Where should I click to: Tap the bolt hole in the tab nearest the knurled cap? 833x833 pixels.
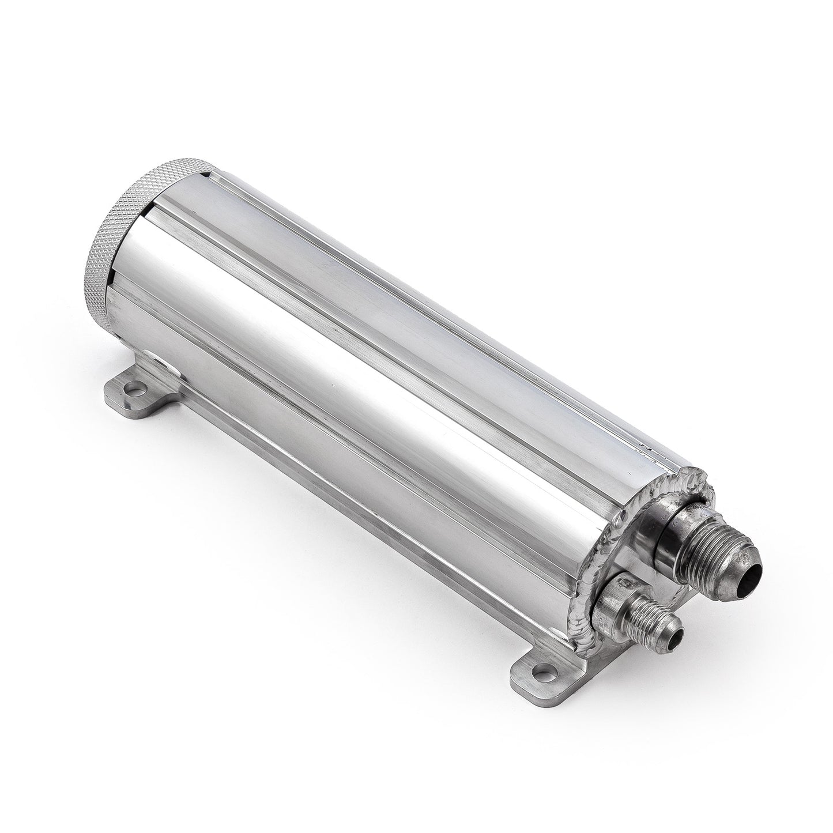click(x=135, y=390)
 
